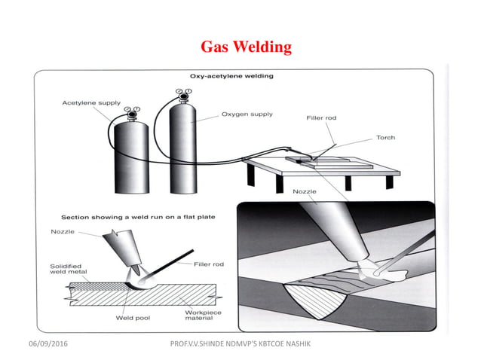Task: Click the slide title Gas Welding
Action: pos(246,47)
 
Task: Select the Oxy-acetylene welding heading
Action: pos(231,76)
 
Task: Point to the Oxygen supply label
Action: pos(247,114)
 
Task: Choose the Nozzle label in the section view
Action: pos(62,231)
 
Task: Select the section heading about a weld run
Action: pos(138,216)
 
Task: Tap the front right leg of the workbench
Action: pos(348,182)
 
